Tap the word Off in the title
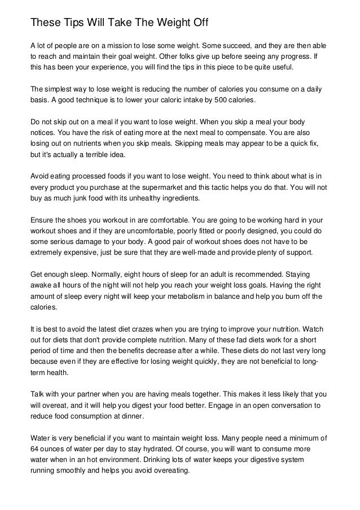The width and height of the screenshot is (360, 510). (198, 24)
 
